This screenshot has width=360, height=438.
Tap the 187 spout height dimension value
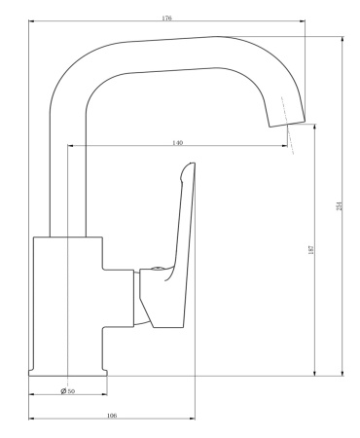(310, 250)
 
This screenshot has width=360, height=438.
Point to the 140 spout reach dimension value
(177, 143)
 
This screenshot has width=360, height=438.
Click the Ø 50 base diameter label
(67, 390)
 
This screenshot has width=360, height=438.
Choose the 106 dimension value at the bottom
(111, 416)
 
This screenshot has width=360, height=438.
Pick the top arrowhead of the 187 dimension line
(315, 126)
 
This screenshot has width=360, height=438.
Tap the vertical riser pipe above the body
(66, 175)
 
